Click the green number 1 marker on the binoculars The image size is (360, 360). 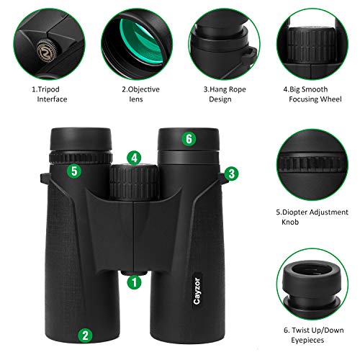click(x=133, y=283)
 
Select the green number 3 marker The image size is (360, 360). click(x=230, y=173)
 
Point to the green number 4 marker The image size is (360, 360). click(x=134, y=156)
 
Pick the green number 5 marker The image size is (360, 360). click(x=73, y=171)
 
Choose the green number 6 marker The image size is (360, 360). click(x=189, y=139)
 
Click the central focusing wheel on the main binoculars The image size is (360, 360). click(x=134, y=180)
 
